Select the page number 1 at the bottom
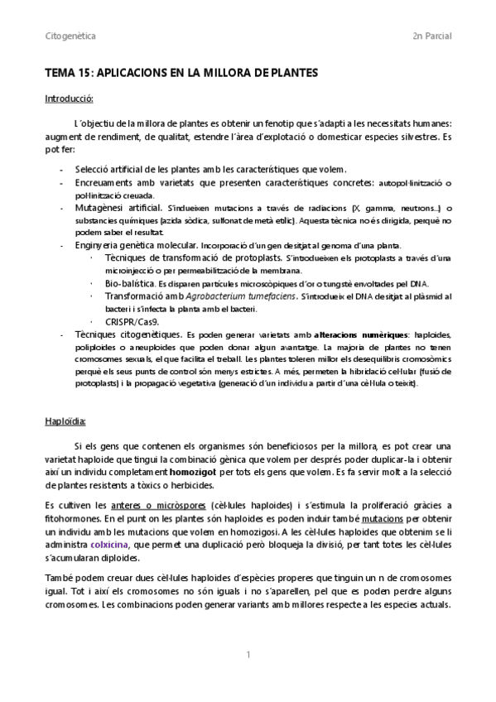click(x=248, y=655)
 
